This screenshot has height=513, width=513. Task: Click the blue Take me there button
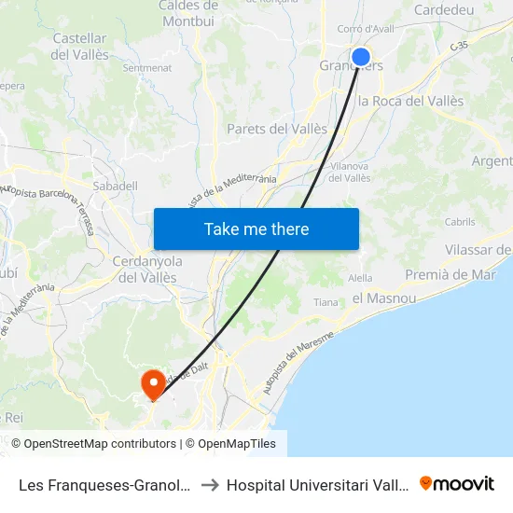256,229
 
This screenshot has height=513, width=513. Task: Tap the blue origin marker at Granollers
361,57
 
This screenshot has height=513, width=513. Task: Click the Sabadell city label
115,187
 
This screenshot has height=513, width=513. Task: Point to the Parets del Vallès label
277,129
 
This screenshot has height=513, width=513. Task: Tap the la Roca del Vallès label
410,101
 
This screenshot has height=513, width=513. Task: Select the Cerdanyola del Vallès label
147,269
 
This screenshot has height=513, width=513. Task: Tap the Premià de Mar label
450,274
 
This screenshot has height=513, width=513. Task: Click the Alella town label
360,278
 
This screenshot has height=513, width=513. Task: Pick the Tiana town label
326,302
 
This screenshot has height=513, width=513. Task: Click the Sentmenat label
146,68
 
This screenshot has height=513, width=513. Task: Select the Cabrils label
460,222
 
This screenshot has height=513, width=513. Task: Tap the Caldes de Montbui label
188,12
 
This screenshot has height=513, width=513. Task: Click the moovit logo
457,483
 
